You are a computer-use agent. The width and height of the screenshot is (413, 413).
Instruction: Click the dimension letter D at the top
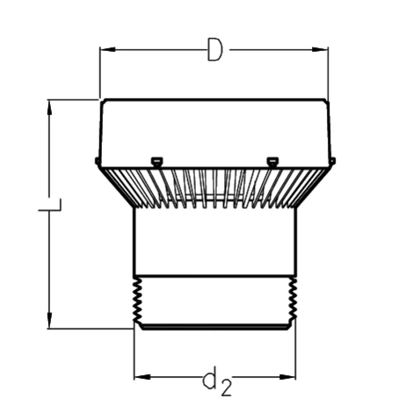pyautogui.click(x=214, y=52)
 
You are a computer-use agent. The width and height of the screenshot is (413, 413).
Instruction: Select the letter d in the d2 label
pyautogui.click(x=210, y=380)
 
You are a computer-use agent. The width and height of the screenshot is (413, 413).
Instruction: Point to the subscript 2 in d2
pyautogui.click(x=225, y=386)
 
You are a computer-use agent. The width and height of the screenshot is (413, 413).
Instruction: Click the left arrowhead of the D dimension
pyautogui.click(x=106, y=51)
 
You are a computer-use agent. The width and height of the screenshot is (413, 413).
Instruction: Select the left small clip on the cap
pyautogui.click(x=156, y=160)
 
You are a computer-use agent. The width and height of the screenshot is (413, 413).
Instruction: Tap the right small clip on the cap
pyautogui.click(x=272, y=160)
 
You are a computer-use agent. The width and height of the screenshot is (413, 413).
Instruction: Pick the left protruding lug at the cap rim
pyautogui.click(x=95, y=160)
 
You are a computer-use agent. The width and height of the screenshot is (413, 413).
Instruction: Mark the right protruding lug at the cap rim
pyautogui.click(x=334, y=160)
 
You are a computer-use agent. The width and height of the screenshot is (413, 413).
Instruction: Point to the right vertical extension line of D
pyautogui.click(x=328, y=75)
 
